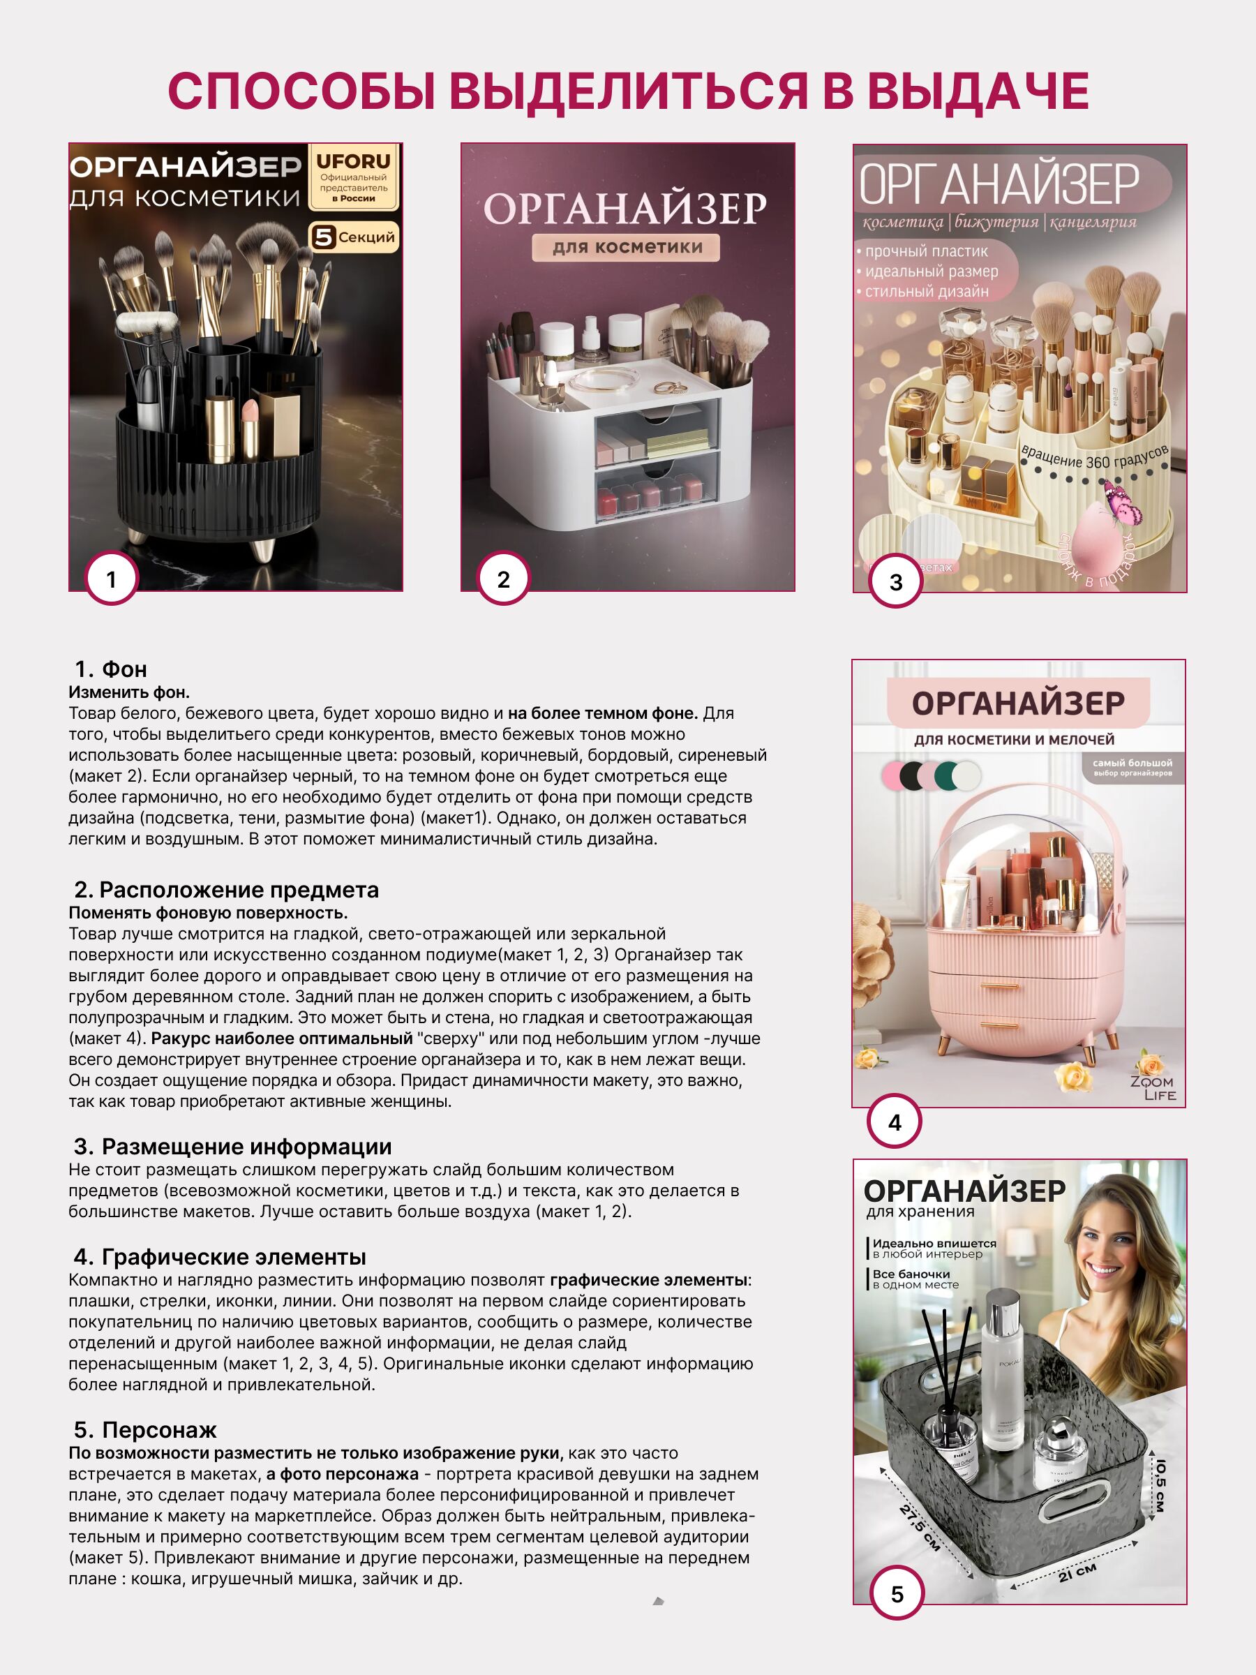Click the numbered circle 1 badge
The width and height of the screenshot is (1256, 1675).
pyautogui.click(x=111, y=579)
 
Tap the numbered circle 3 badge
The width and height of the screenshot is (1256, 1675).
pyautogui.click(x=896, y=581)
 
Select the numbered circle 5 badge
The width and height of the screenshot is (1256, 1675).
pyautogui.click(x=897, y=1594)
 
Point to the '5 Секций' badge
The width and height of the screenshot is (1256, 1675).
pyautogui.click(x=354, y=237)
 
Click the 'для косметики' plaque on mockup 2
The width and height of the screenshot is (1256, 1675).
pyautogui.click(x=627, y=247)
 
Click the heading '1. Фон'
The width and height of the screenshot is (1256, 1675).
pyautogui.click(x=110, y=669)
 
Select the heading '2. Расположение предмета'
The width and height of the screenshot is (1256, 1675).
pyautogui.click(x=226, y=890)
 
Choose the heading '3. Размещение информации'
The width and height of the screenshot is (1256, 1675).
pyautogui.click(x=232, y=1147)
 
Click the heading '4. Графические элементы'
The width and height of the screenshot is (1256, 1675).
pyautogui.click(x=220, y=1257)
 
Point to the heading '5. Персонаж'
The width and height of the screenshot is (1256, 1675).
pyautogui.click(x=145, y=1429)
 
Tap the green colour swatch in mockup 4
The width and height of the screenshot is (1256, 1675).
pyautogui.click(x=945, y=775)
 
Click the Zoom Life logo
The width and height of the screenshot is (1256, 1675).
pyautogui.click(x=1151, y=1087)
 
